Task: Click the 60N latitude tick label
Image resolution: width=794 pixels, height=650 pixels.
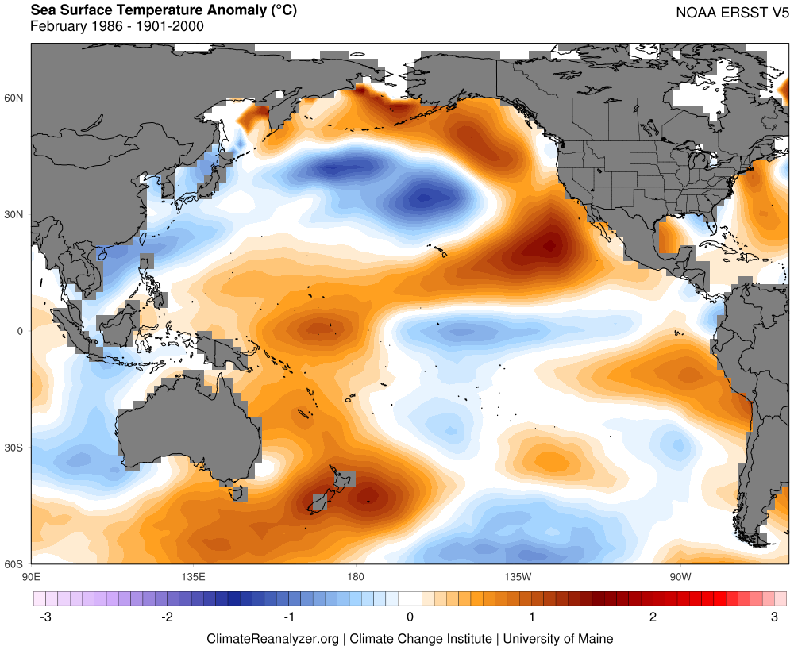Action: click(15, 98)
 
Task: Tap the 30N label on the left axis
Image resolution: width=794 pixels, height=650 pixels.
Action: click(15, 214)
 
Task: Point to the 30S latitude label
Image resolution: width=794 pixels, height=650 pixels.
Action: click(15, 448)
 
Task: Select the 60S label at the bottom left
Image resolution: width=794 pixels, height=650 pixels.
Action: click(15, 564)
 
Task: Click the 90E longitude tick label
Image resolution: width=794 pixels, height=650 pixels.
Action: click(31, 575)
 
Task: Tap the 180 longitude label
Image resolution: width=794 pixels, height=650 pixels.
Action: click(355, 575)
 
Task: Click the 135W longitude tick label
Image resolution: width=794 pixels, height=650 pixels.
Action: click(517, 575)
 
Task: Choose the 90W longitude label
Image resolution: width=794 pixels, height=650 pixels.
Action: click(680, 575)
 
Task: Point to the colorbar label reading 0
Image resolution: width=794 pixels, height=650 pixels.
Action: click(410, 617)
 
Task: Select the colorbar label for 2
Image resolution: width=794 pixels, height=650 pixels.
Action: click(653, 617)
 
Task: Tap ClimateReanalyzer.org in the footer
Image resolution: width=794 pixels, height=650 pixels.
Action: click(272, 638)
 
